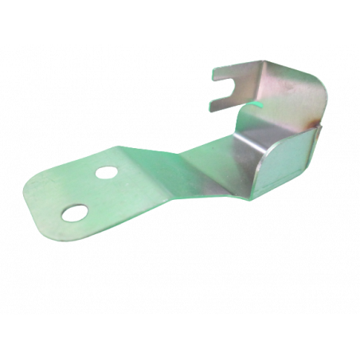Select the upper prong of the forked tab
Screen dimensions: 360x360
click(x=226, y=71)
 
